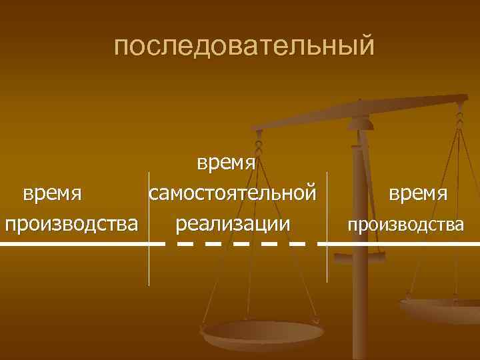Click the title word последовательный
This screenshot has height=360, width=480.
coord(245,46)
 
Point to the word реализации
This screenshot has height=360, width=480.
coord(233,223)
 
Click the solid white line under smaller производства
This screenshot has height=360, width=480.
coord(400,244)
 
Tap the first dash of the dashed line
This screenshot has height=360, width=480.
coord(185,244)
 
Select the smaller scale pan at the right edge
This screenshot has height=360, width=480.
coord(441,310)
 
